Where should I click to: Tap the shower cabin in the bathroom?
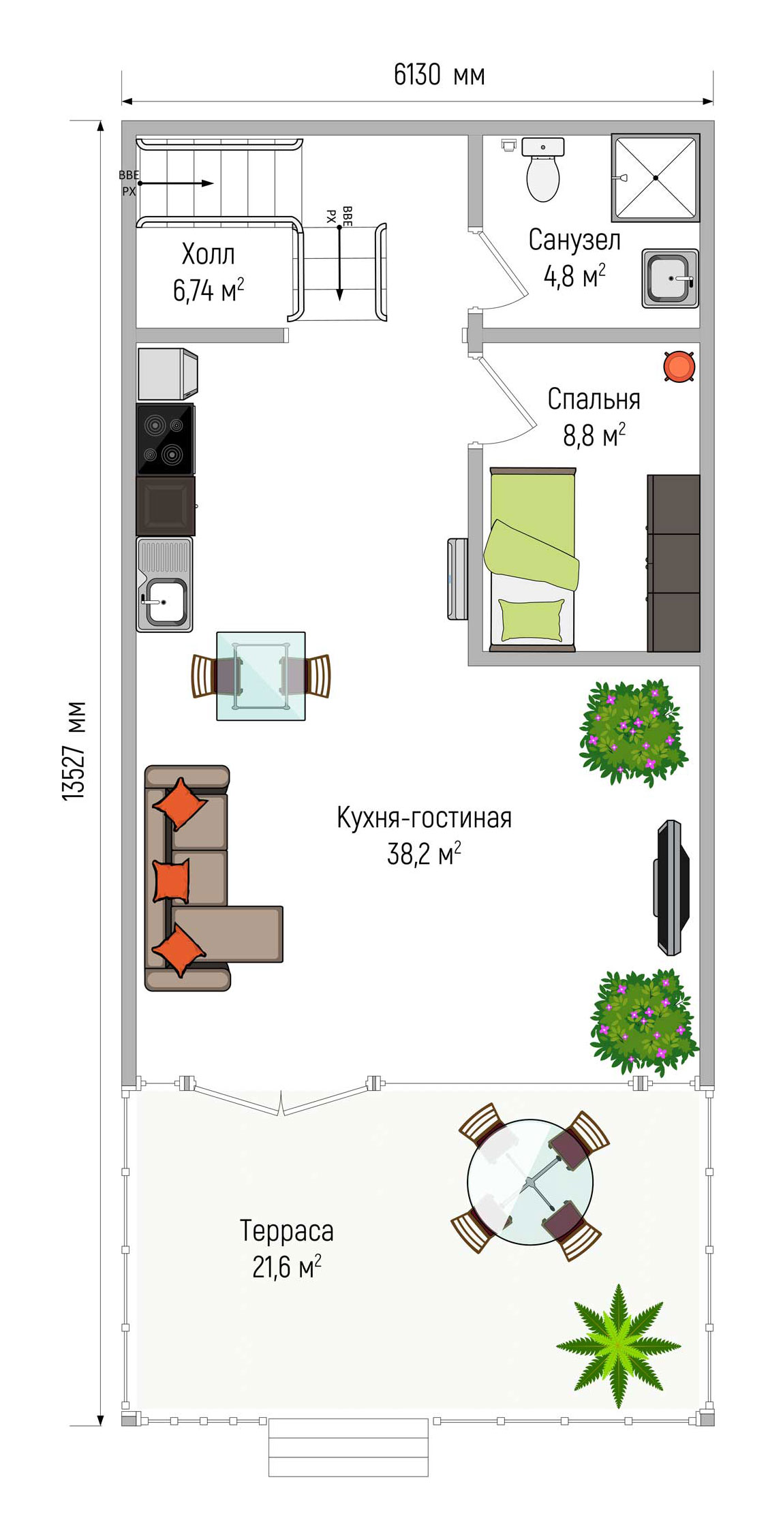pos(656,178)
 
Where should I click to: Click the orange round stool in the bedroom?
pos(679,366)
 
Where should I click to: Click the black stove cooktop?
pos(165,439)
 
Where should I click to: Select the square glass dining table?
pos(261,676)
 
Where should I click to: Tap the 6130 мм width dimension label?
pos(440,75)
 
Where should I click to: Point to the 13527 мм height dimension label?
pos(74,750)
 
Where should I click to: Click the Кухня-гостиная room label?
pos(424,818)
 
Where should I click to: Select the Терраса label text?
pos(287,1231)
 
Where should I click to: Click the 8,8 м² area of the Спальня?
pos(594,435)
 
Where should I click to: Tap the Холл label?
pos(209,254)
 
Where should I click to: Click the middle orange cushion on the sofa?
pos(171,881)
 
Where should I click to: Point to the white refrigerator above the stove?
pos(168,374)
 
